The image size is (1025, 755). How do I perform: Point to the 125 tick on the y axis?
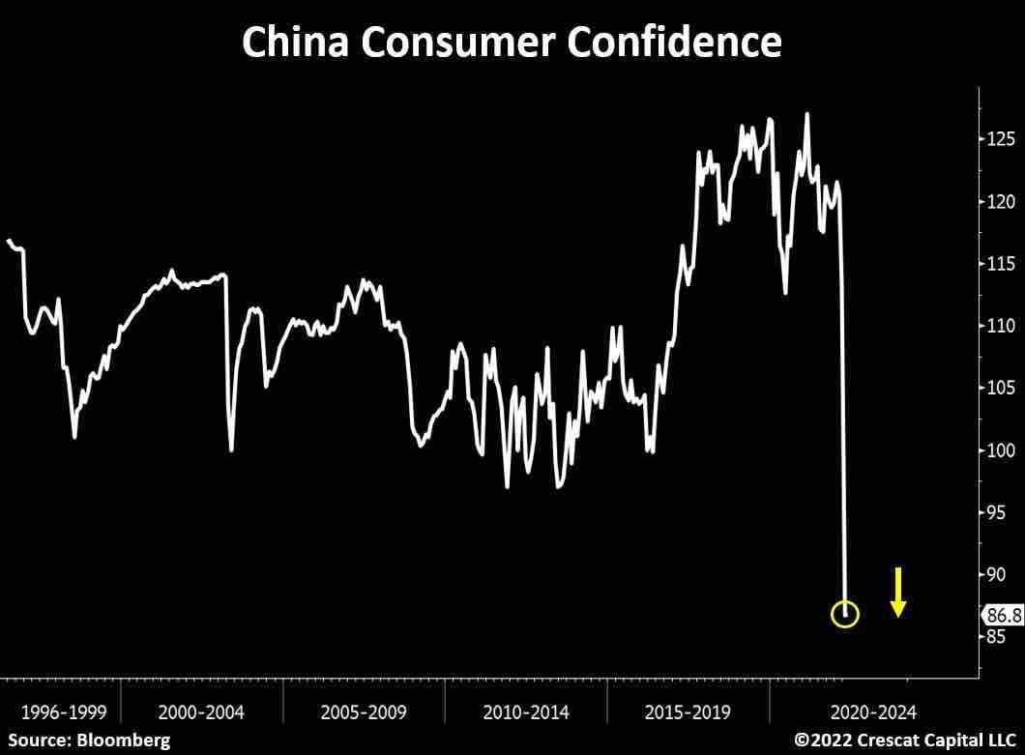tap(1001, 139)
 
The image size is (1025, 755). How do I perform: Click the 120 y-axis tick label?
tap(1001, 202)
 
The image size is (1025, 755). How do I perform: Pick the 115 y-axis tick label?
tap(1001, 264)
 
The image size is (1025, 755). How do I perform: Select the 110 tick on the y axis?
tap(1001, 326)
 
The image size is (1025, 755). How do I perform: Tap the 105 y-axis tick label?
tap(1001, 389)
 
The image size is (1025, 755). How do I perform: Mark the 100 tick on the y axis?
tap(1001, 450)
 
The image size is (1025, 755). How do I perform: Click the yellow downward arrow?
tap(898, 593)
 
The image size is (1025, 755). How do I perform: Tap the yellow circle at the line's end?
tap(845, 614)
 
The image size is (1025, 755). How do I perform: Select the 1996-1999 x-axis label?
tap(58, 712)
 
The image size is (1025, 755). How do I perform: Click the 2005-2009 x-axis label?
tap(364, 712)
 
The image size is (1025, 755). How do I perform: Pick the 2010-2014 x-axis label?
tap(526, 712)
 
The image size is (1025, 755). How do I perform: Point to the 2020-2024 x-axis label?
tap(872, 712)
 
